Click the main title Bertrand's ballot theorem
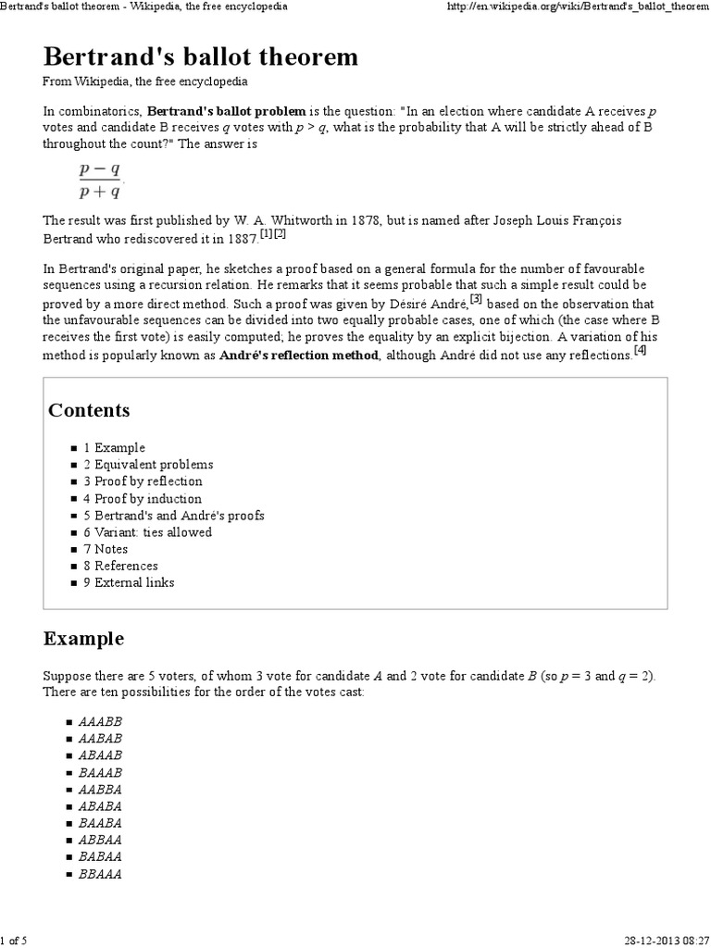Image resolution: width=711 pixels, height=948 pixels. pyautogui.click(x=201, y=57)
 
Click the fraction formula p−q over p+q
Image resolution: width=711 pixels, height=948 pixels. pyautogui.click(x=99, y=181)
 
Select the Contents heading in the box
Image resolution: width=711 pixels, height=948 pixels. pyautogui.click(x=89, y=410)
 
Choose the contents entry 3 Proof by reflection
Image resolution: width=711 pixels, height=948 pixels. pyautogui.click(x=143, y=481)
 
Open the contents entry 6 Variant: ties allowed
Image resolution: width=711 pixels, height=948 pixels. pyautogui.click(x=147, y=532)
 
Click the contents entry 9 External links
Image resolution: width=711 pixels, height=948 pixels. pyautogui.click(x=129, y=582)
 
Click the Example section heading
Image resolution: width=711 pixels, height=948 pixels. pyautogui.click(x=83, y=639)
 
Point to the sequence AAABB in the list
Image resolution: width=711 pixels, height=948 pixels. pyautogui.click(x=102, y=721)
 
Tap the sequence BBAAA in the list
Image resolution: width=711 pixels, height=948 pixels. pyautogui.click(x=102, y=873)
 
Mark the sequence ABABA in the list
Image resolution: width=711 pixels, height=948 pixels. pyautogui.click(x=102, y=805)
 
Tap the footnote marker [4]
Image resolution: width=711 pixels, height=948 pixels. pyautogui.click(x=640, y=352)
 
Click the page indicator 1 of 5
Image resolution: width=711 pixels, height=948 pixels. pyautogui.click(x=14, y=941)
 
